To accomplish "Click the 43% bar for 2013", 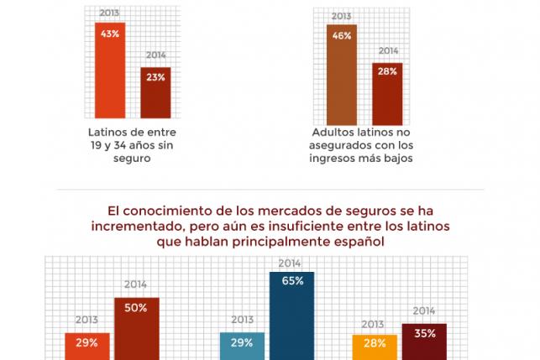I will click(109, 71).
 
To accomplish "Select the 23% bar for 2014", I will click(155, 92).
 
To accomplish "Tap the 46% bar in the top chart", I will click(342, 76).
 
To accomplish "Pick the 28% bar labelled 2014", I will click(388, 94).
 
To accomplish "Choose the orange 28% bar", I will click(375, 346).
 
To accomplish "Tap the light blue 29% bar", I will click(243, 347).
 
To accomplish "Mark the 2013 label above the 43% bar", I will click(109, 13).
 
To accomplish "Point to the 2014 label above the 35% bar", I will click(424, 311).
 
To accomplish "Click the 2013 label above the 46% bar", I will click(342, 16).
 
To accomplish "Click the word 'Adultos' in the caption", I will click(333, 132).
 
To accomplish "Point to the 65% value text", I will click(292, 281).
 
